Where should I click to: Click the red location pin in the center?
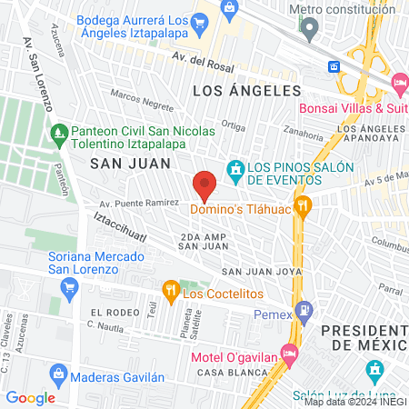tap(204, 185)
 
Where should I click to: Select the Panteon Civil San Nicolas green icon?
tap(59, 134)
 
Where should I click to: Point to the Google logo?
tap(31, 397)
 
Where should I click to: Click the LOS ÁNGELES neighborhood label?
tap(246, 91)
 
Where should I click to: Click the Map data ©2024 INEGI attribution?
tap(354, 402)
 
